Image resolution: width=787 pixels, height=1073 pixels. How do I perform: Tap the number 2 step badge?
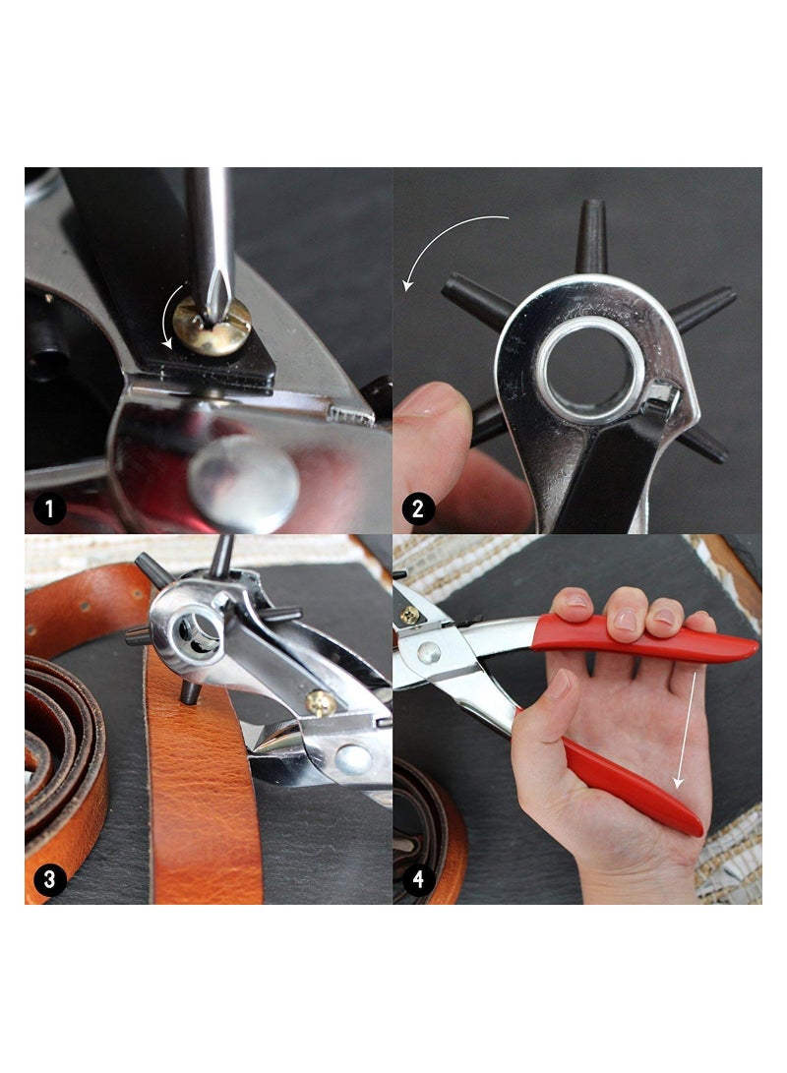[x=418, y=508]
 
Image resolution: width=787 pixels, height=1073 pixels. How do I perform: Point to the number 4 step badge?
[x=418, y=878]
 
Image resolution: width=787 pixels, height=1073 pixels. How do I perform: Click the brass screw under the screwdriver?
[x=211, y=327]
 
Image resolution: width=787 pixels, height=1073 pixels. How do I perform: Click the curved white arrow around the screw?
[x=169, y=320]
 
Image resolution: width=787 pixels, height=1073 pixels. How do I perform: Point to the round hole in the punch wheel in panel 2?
[x=589, y=370]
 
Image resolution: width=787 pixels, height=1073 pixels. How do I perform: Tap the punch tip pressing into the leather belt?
[x=190, y=692]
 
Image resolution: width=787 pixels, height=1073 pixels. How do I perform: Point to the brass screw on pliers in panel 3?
[x=321, y=701]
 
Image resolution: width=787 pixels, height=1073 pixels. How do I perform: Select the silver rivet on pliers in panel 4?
[x=428, y=652]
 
